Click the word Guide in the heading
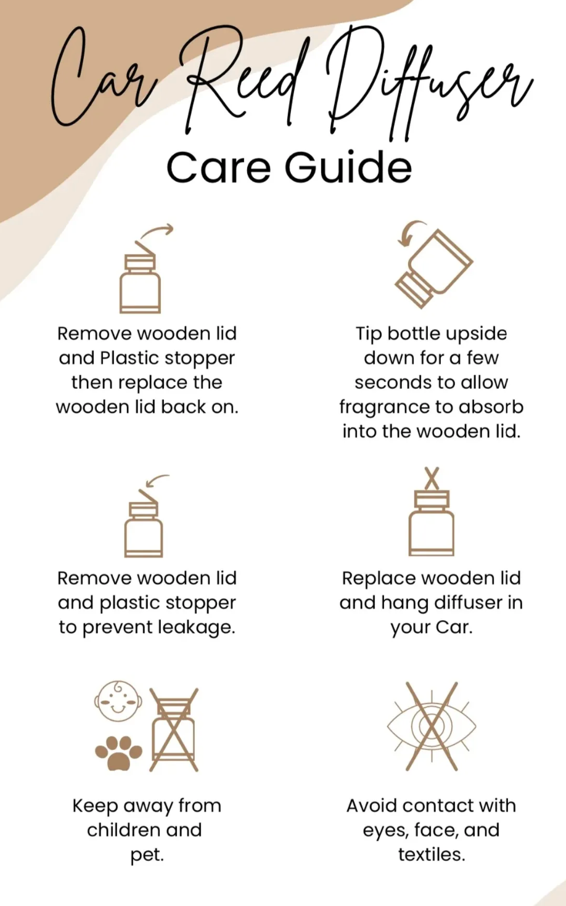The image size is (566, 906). (x=348, y=166)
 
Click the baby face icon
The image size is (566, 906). (x=118, y=701)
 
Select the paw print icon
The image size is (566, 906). (x=119, y=753)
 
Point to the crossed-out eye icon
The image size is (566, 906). (x=432, y=726)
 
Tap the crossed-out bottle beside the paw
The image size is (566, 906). (x=174, y=730)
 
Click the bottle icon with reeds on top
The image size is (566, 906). (x=431, y=512)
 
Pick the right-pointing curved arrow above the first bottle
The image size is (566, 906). (x=157, y=232)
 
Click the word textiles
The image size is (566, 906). (x=431, y=855)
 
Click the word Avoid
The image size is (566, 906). (x=371, y=806)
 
